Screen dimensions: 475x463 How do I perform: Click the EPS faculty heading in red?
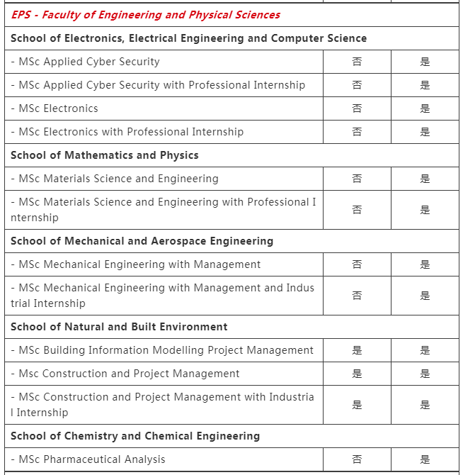(145, 15)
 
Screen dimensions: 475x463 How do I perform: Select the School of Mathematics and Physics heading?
(105, 155)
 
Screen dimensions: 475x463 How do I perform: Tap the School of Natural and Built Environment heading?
(119, 327)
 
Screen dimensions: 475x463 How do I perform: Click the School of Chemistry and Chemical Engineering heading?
(135, 436)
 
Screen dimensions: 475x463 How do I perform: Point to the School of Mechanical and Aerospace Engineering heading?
(142, 241)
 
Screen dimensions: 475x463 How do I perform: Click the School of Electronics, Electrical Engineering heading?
(188, 38)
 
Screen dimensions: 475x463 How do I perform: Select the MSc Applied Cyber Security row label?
(85, 62)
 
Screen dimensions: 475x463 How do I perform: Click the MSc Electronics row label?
(55, 108)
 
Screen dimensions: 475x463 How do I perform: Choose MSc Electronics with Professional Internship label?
(127, 132)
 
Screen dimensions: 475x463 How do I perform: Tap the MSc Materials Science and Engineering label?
(115, 179)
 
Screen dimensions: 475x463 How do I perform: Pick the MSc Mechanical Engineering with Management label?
(136, 264)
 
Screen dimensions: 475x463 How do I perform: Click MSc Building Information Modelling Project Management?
(162, 350)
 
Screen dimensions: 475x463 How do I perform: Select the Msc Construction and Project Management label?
(125, 374)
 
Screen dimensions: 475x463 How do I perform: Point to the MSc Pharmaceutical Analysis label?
(88, 459)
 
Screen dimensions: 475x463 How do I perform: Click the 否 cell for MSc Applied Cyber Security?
(357, 62)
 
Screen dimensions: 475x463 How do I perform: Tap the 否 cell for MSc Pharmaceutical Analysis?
(357, 459)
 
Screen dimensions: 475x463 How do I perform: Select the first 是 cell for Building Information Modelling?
(357, 350)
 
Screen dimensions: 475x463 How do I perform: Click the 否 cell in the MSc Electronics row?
(357, 108)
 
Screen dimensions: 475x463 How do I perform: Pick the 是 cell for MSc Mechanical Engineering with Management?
(425, 264)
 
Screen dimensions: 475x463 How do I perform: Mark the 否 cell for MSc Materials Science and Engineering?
(357, 179)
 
